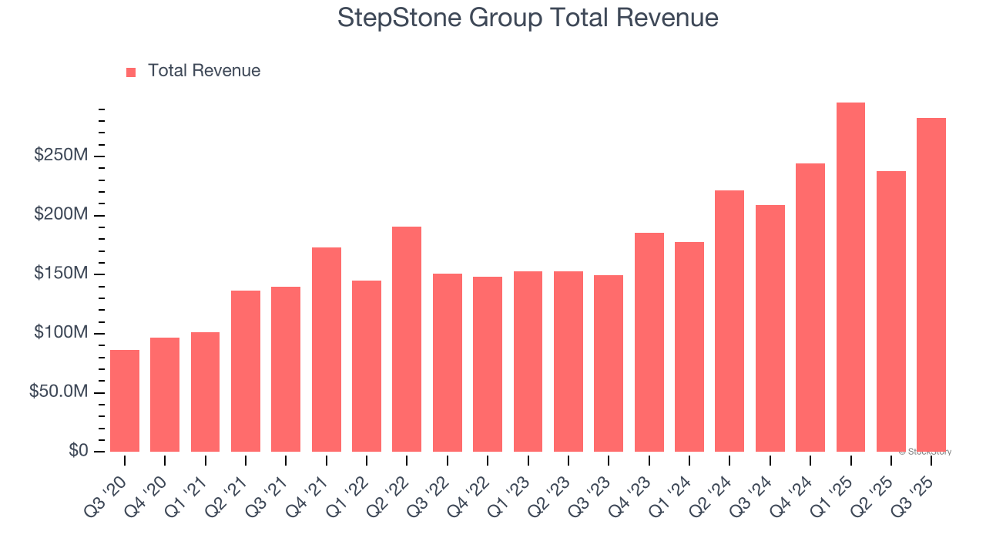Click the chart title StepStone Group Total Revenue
pos(528,18)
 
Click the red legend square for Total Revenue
pos(131,72)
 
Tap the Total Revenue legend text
pos(204,71)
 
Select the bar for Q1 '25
pos(850,277)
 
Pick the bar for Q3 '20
pos(125,401)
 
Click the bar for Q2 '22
pos(407,339)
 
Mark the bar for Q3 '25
pos(931,284)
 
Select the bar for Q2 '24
pos(729,321)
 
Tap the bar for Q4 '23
pos(649,342)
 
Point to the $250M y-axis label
pos(61,156)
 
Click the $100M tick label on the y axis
pos(61,333)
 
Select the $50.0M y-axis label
pos(59,392)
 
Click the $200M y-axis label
pos(61,214)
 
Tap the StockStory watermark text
pos(925,452)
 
